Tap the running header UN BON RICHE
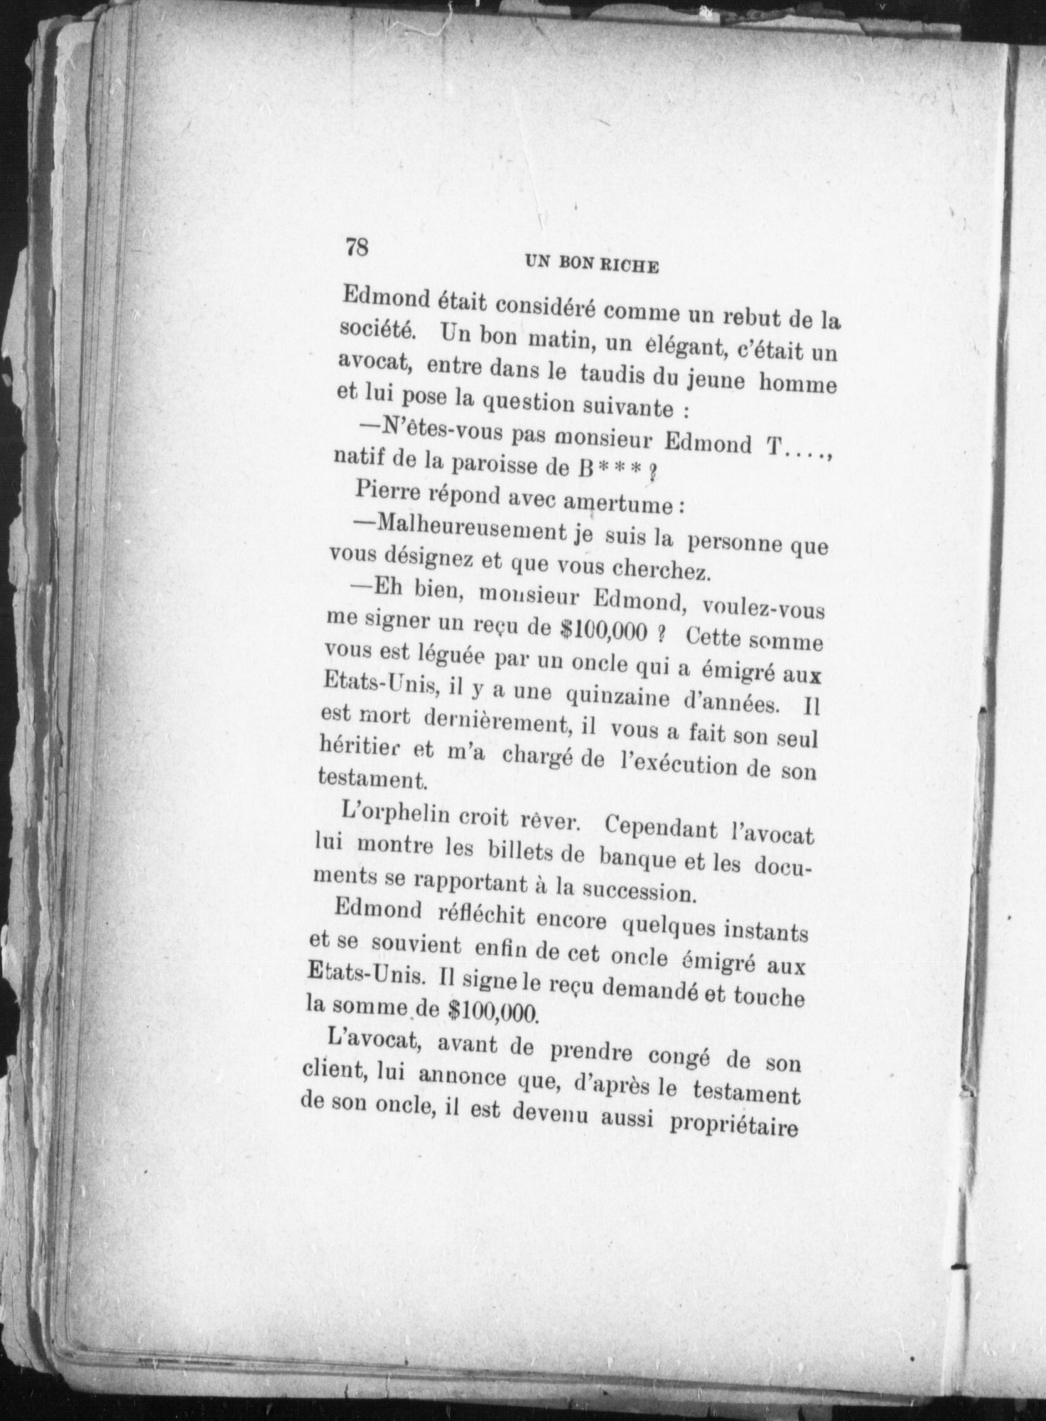(x=591, y=265)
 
